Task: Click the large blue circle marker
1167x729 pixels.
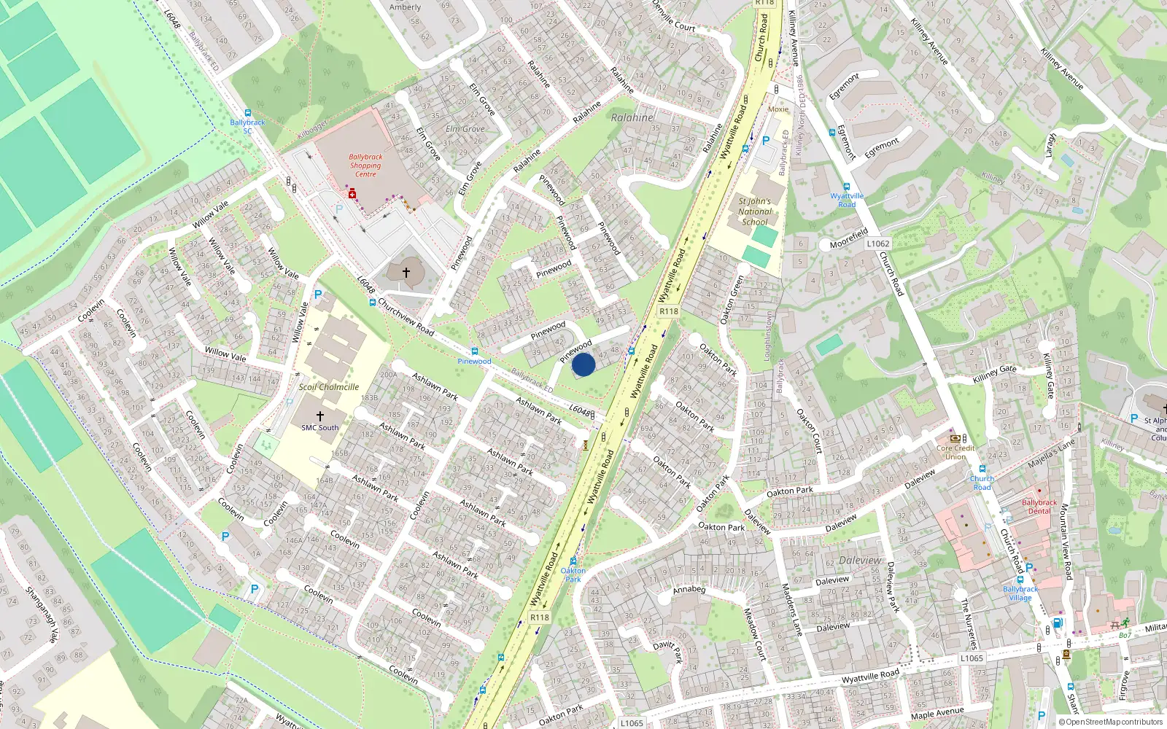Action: click(x=583, y=364)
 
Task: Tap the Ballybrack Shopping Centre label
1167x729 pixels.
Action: click(x=365, y=165)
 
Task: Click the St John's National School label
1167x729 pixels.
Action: click(x=754, y=211)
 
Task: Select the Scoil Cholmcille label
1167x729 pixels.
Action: click(x=328, y=387)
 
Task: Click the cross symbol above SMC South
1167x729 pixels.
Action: click(x=319, y=416)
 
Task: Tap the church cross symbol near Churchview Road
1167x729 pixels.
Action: click(x=406, y=272)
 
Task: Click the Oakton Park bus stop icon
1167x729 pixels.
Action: click(x=573, y=561)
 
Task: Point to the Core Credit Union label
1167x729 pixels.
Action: click(x=955, y=452)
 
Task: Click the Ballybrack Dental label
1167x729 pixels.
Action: click(x=1039, y=507)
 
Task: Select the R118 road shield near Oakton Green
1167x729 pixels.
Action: click(x=668, y=311)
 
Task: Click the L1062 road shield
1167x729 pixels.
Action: click(x=878, y=243)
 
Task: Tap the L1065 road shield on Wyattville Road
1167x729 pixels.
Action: click(x=972, y=658)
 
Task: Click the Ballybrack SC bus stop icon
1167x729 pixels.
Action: click(x=248, y=113)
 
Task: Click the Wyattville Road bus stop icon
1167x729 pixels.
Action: click(x=846, y=187)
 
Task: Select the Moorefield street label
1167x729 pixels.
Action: click(x=848, y=238)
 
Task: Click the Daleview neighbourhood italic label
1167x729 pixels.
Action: click(x=860, y=561)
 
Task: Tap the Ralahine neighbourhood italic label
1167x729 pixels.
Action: click(x=632, y=117)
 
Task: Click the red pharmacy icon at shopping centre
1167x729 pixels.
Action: click(x=352, y=194)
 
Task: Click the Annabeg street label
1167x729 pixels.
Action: click(x=689, y=589)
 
